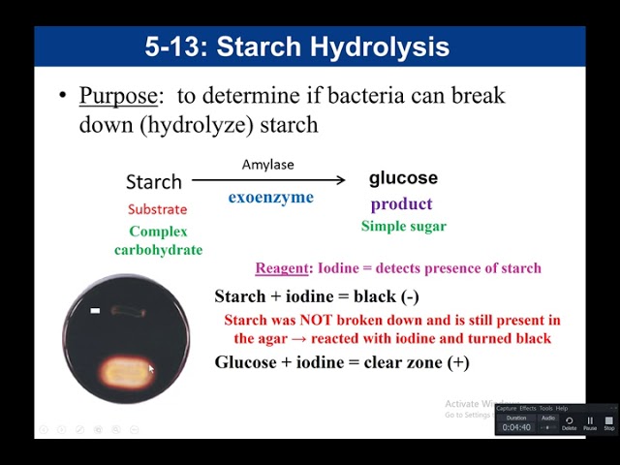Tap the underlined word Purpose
click(117, 96)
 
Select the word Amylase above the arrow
click(267, 165)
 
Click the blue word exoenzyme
click(271, 198)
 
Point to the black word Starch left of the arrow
click(154, 181)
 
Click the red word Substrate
click(157, 209)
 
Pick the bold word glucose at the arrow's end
click(403, 178)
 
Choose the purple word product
click(401, 204)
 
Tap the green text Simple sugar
click(404, 227)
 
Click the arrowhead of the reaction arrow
click(340, 179)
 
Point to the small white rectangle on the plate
click(95, 311)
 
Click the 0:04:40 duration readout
click(516, 427)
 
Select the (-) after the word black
click(407, 297)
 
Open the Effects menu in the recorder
click(528, 408)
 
